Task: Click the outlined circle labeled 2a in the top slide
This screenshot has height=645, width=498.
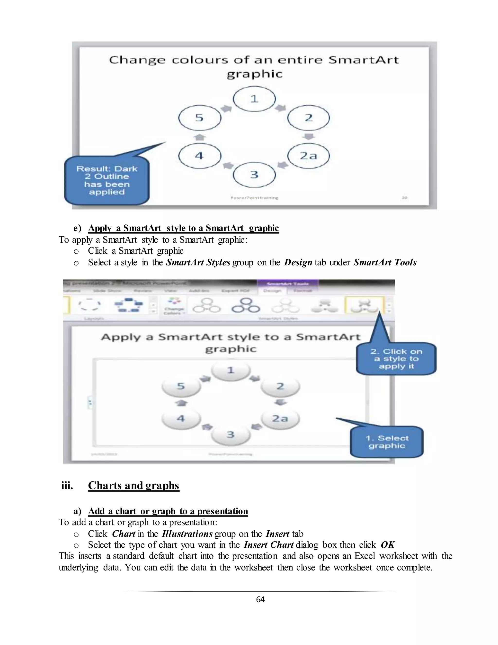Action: click(x=308, y=156)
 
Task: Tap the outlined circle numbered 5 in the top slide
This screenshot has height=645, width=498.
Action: click(x=200, y=118)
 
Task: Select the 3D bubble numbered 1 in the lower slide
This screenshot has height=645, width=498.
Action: click(x=231, y=370)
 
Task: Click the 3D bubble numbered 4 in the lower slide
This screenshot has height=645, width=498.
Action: click(x=181, y=418)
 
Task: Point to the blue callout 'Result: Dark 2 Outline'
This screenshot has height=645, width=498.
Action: click(x=107, y=180)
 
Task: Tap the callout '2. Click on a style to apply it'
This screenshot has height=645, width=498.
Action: click(x=396, y=359)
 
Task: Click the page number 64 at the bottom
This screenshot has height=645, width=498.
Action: click(x=260, y=599)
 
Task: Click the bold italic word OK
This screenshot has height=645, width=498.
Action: click(x=387, y=545)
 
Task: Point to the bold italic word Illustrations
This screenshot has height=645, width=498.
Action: click(x=187, y=534)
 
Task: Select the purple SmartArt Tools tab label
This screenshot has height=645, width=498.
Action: click(x=288, y=284)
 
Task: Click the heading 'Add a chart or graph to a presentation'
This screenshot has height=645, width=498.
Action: click(x=168, y=511)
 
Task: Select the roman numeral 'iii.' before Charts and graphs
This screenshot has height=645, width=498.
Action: click(x=67, y=486)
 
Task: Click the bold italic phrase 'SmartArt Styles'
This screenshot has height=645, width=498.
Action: click(x=198, y=262)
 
